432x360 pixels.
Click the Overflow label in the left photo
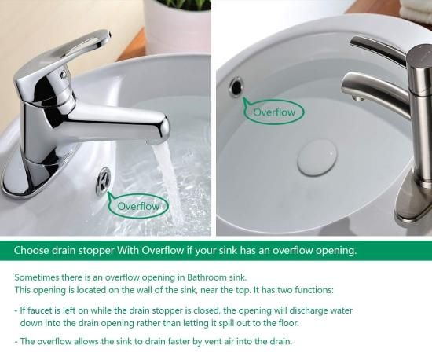point(138,206)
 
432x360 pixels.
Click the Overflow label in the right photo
point(274,112)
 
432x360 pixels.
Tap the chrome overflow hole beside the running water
point(104,181)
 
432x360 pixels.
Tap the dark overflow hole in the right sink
point(236,86)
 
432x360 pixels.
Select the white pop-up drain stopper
point(317,158)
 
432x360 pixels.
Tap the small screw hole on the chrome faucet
point(64,75)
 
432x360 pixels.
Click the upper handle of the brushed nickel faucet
point(379,49)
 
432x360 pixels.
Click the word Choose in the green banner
point(31,251)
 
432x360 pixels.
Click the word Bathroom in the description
point(207,277)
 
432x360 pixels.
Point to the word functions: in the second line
point(314,290)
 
